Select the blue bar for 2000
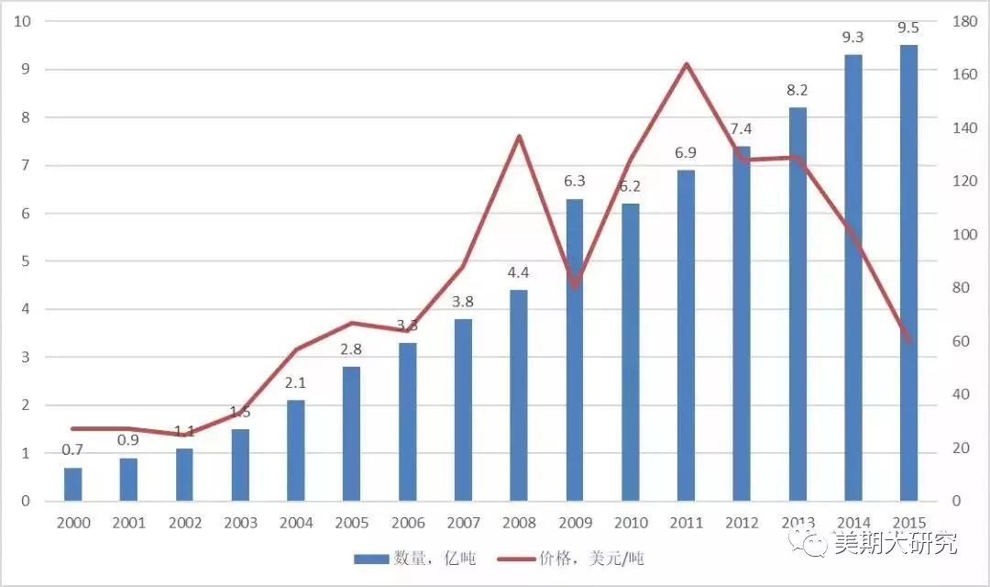coord(72,484)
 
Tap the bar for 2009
coord(574,349)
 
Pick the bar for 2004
coord(295,450)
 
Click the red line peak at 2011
coord(686,64)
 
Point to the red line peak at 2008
coord(519,137)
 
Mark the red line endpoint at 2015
coord(908,341)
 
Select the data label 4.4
coord(519,272)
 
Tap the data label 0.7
coord(72,450)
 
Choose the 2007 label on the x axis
coord(463,523)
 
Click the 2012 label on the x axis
coord(741,523)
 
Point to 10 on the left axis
coord(25,21)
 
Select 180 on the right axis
coord(965,21)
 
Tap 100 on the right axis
coord(965,235)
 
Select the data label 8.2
coord(797,90)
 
